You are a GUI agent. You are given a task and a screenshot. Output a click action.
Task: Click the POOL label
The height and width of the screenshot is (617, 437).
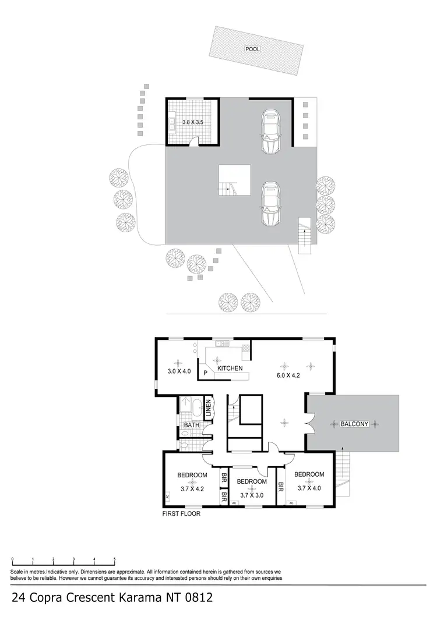tap(252, 49)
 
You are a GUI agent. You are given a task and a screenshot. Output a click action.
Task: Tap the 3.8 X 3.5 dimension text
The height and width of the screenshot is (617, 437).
tap(193, 122)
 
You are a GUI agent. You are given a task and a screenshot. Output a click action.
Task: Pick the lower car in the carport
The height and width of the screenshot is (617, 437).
tap(270, 203)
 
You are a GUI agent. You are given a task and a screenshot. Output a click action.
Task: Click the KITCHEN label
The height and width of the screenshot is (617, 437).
tap(230, 368)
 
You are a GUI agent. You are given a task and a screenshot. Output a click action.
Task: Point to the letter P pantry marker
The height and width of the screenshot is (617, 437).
tap(205, 373)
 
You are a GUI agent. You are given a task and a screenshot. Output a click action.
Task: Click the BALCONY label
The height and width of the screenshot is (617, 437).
tap(354, 424)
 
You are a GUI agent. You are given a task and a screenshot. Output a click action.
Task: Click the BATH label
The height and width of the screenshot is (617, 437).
tap(192, 425)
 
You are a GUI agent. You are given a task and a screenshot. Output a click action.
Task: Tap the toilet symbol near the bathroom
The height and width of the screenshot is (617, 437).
tap(185, 445)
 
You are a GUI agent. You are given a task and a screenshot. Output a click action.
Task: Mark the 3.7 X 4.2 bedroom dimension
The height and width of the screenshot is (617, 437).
tap(192, 489)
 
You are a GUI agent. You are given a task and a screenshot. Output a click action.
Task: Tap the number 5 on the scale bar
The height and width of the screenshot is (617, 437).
tap(115, 559)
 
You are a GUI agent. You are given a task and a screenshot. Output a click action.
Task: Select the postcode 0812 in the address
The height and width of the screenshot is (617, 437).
tap(196, 597)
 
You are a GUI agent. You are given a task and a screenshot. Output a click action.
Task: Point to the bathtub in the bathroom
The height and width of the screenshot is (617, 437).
tap(196, 406)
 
